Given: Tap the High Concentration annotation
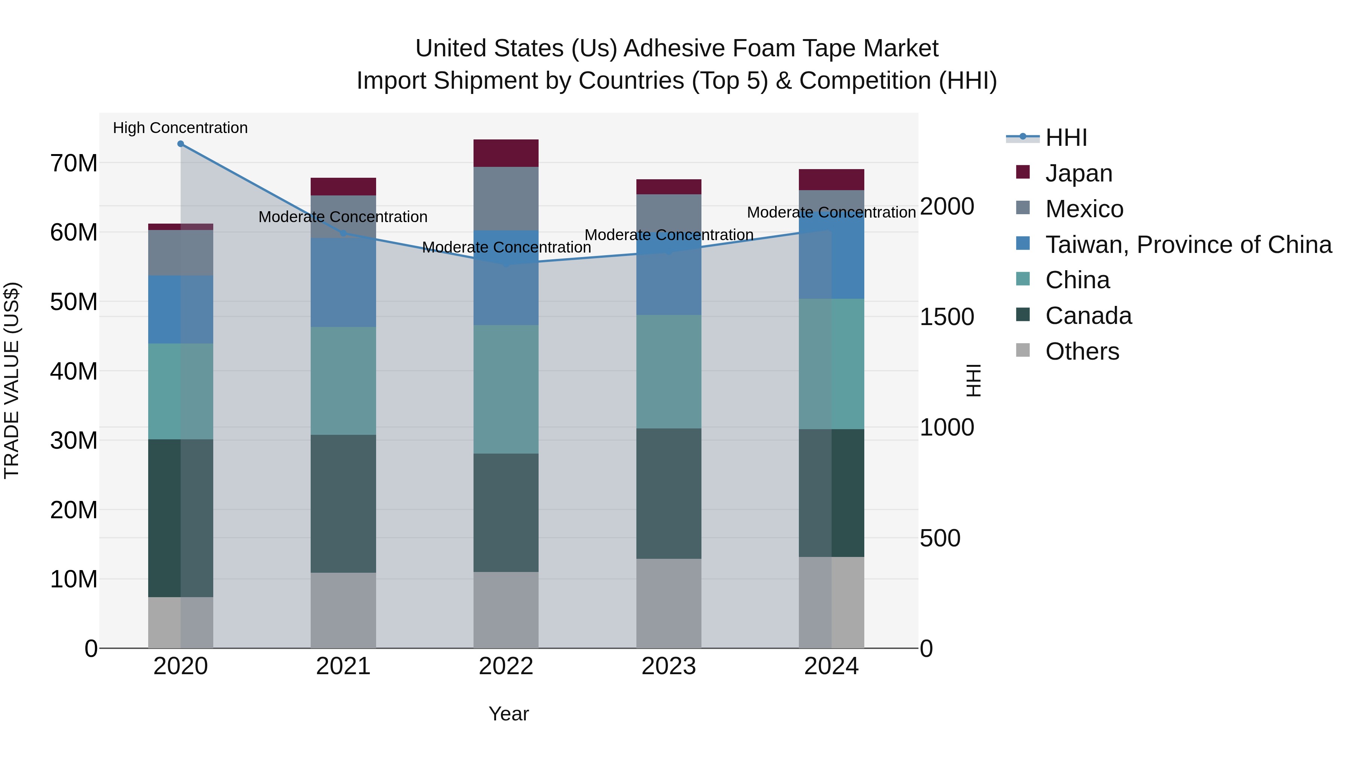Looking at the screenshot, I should (180, 128).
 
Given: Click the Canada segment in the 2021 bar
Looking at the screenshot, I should (343, 503).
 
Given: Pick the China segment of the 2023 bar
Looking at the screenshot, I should (669, 371).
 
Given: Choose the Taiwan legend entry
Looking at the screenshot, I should (1188, 245).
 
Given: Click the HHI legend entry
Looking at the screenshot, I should (1066, 138).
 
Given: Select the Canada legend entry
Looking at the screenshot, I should (1088, 316).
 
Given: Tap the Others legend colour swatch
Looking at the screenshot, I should (1023, 350).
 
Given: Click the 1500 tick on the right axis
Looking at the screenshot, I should (947, 317).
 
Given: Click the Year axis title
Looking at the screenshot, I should (508, 714).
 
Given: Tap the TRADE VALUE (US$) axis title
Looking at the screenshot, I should (12, 380).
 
